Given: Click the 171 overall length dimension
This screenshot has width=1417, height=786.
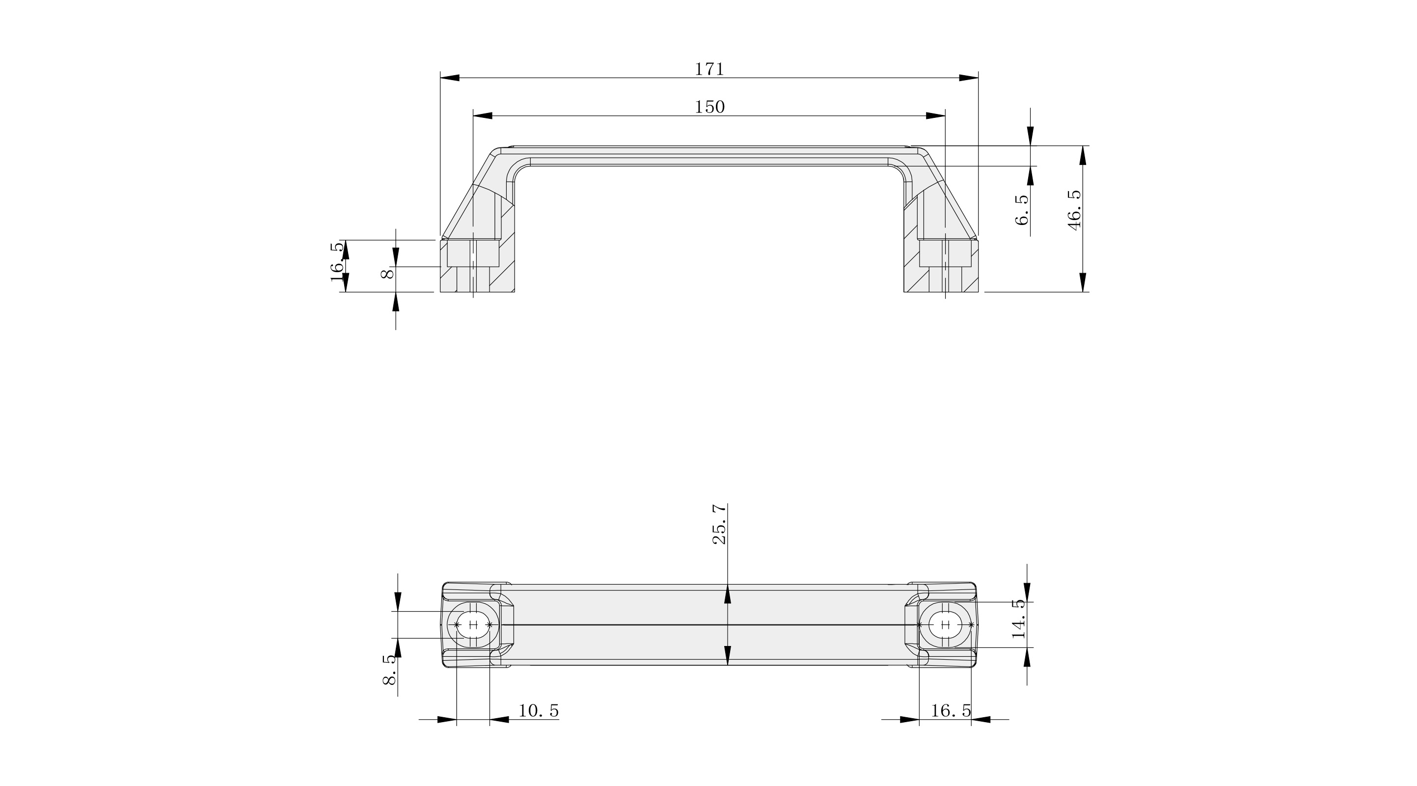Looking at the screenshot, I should coord(709,69).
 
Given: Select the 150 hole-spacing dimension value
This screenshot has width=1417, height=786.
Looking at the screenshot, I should coord(709,107).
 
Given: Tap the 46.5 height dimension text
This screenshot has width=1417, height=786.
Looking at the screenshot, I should coord(1074,210).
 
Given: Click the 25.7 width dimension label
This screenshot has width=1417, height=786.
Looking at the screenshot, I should coord(719,524).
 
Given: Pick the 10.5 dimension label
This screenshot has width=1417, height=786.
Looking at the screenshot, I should coord(539,711).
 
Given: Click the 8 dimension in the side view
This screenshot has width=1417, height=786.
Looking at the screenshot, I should coord(388,274).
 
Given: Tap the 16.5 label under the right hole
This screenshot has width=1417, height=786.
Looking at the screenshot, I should coord(951,711).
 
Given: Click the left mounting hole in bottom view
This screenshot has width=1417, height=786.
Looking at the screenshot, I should coord(473,625).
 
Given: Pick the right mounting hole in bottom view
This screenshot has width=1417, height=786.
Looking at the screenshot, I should coord(946,625).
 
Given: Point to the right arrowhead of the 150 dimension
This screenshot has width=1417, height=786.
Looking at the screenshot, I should coord(936,115).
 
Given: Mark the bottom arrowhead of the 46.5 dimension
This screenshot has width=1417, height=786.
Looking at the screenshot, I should coord(1083,282).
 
